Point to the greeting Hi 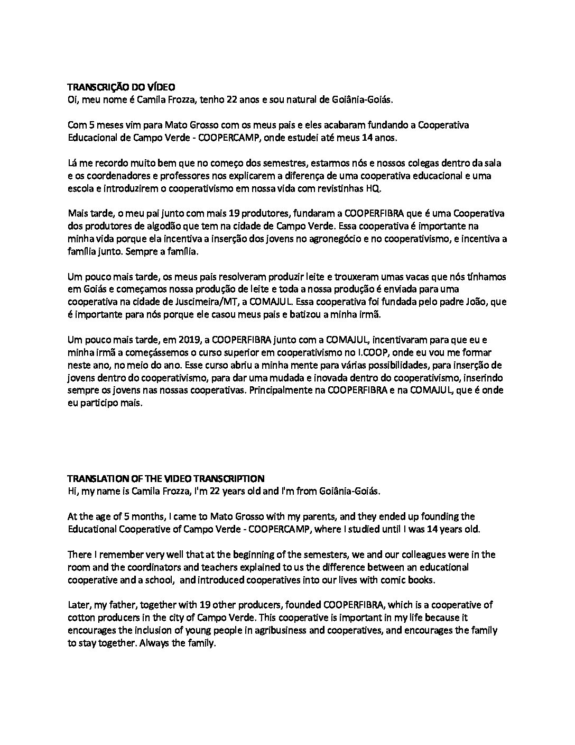pyautogui.click(x=72, y=491)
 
